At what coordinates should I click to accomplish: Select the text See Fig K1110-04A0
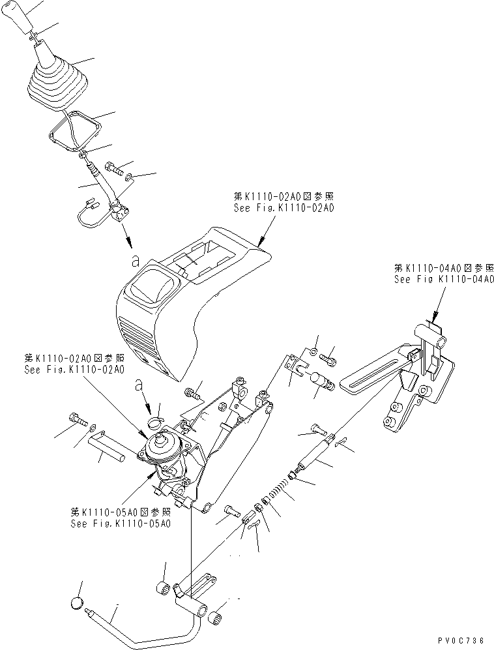(444, 279)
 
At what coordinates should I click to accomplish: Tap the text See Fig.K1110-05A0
(121, 524)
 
